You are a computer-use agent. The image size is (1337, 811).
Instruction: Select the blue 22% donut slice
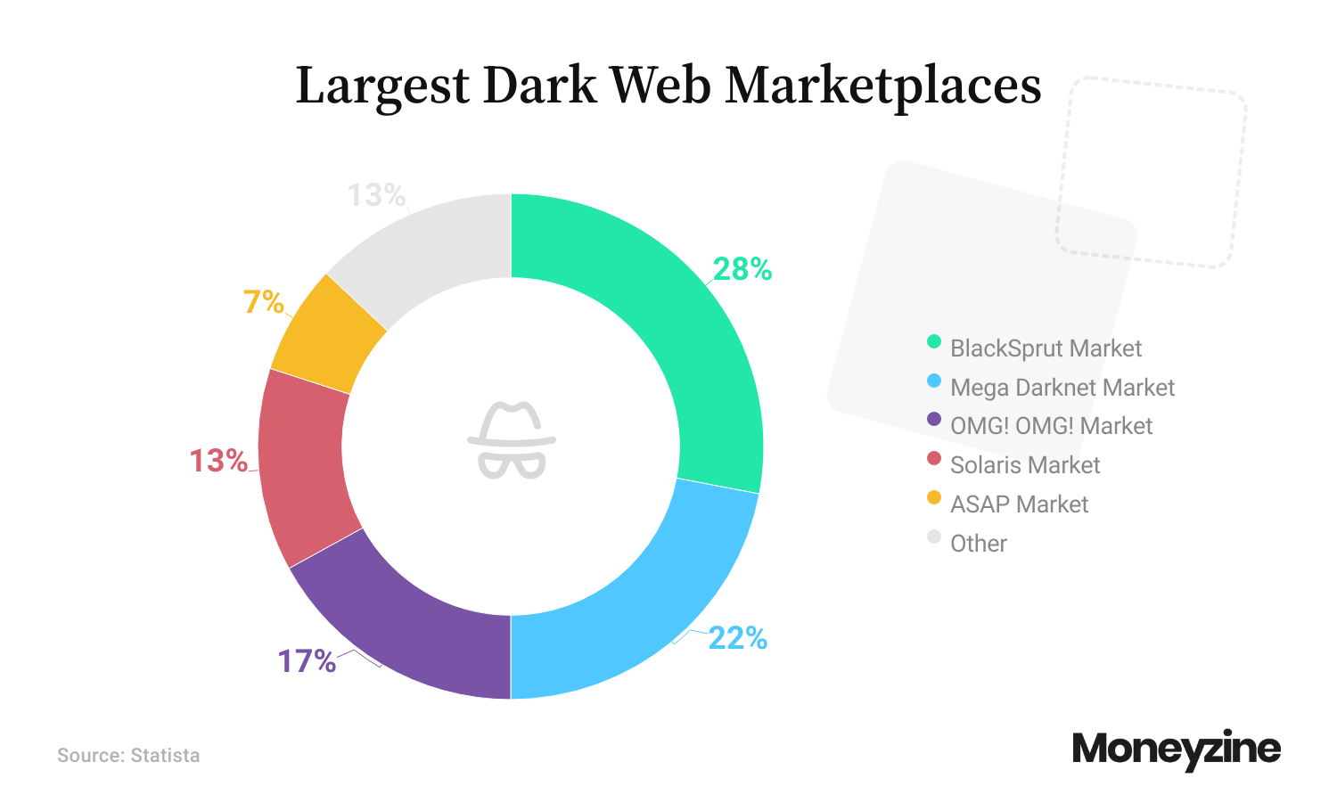[651, 606]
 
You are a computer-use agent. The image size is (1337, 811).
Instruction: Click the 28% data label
[742, 269]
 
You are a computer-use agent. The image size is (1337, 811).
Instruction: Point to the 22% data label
[737, 638]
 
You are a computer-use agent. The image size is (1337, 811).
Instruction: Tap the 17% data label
[307, 661]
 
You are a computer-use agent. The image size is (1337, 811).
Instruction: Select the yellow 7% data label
[264, 302]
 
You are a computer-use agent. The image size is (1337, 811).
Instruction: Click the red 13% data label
[218, 461]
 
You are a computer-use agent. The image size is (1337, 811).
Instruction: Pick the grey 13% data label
[376, 195]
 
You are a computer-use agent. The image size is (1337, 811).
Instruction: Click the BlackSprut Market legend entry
[1046, 348]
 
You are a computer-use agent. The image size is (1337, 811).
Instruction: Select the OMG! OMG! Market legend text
[1051, 426]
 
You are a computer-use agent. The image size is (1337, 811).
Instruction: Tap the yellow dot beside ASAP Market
[934, 497]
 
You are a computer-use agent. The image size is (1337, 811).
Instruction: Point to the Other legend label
[979, 544]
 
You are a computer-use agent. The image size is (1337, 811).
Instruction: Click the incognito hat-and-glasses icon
[512, 440]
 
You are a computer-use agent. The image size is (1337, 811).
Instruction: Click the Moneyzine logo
[1176, 750]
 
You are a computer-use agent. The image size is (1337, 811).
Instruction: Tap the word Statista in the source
[165, 756]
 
